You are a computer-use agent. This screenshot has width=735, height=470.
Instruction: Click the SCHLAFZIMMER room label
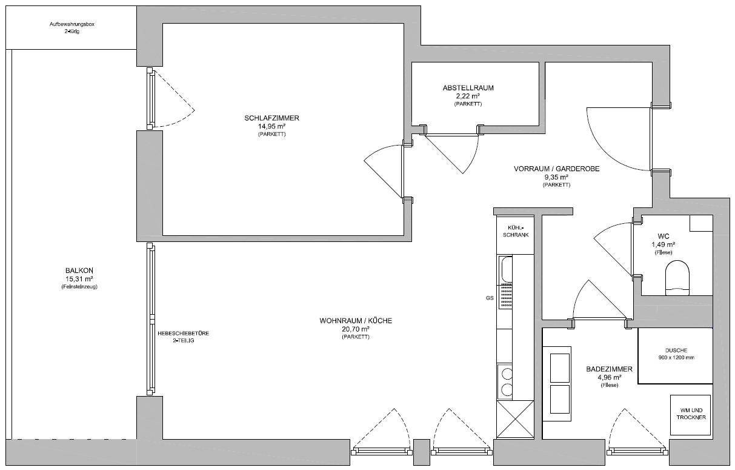(x=271, y=118)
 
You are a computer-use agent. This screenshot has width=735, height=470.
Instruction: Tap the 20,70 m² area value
(x=356, y=329)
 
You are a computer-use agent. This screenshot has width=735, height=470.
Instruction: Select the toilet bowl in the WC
(x=677, y=278)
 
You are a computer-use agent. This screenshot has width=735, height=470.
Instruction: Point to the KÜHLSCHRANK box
(x=516, y=235)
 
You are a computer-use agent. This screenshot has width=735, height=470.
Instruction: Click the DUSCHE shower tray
(x=675, y=356)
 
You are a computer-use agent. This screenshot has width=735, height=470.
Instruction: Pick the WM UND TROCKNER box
(x=690, y=414)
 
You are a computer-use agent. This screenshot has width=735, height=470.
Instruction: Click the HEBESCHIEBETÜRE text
(x=183, y=333)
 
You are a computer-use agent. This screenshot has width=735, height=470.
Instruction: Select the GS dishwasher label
(x=490, y=298)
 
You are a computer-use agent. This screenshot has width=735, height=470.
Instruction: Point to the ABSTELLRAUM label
(x=468, y=88)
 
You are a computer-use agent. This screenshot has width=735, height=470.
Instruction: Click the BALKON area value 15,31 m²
(x=79, y=279)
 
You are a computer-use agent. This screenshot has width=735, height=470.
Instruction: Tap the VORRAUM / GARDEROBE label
(x=556, y=169)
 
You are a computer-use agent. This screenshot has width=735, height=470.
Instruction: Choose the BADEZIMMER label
(x=609, y=369)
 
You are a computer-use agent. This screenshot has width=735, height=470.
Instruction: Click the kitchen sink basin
(x=505, y=269)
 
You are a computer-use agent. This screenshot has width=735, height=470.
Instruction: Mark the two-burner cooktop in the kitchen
(x=505, y=381)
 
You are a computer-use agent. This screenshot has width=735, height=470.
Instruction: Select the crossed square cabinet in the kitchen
(x=516, y=419)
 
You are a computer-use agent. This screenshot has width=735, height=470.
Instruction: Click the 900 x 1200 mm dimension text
(x=676, y=358)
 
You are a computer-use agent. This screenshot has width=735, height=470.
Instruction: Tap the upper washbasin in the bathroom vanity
(x=559, y=368)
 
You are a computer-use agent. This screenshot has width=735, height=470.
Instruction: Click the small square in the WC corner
(x=701, y=223)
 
